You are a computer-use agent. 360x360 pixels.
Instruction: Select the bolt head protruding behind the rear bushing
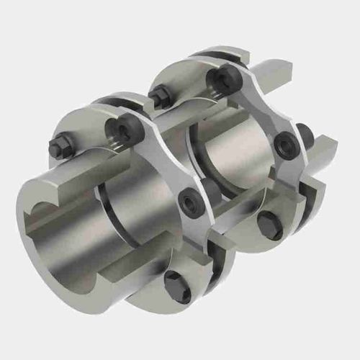pyautogui.click(x=305, y=134)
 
